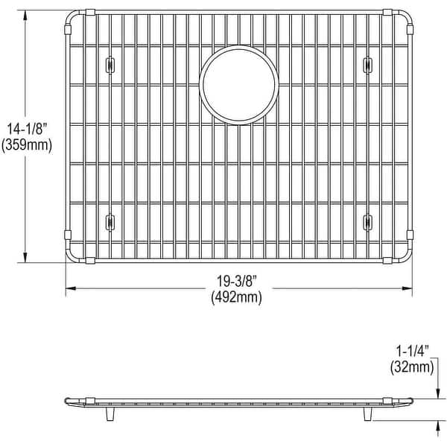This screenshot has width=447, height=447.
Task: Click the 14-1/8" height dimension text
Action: point(27,129)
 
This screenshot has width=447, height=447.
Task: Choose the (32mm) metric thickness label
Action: point(411,366)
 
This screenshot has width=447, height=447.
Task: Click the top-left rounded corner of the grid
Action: point(72,17)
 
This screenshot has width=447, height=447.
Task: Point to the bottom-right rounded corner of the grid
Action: point(406,256)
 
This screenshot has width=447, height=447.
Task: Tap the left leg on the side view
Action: point(110,413)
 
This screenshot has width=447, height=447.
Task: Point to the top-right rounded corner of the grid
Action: point(406,17)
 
